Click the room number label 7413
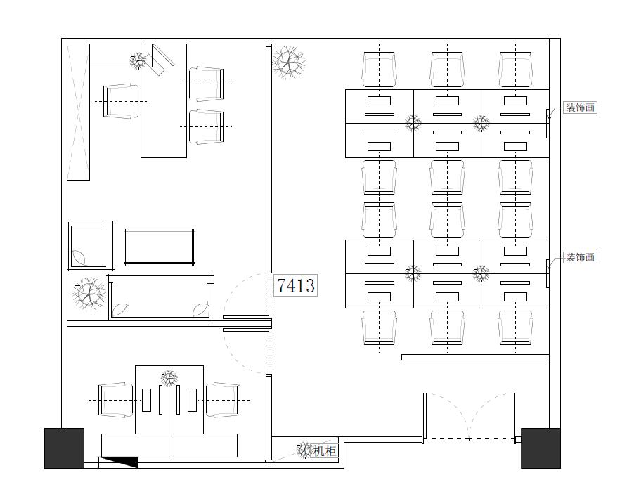point(296,285)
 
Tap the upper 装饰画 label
point(580,108)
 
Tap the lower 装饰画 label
point(580,257)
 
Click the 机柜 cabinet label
point(325,450)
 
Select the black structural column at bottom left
point(64,448)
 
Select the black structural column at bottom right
point(541,448)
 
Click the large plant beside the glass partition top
point(288,63)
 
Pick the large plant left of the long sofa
point(89,294)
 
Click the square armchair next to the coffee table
point(91,246)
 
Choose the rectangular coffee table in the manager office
point(160,247)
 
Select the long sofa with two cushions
point(160,298)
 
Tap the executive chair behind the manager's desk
point(121,101)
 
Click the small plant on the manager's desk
point(138,60)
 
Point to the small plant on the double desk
point(169,379)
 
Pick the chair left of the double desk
point(116,401)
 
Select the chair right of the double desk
point(223,401)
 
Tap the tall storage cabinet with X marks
point(79,112)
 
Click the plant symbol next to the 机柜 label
point(304,450)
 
